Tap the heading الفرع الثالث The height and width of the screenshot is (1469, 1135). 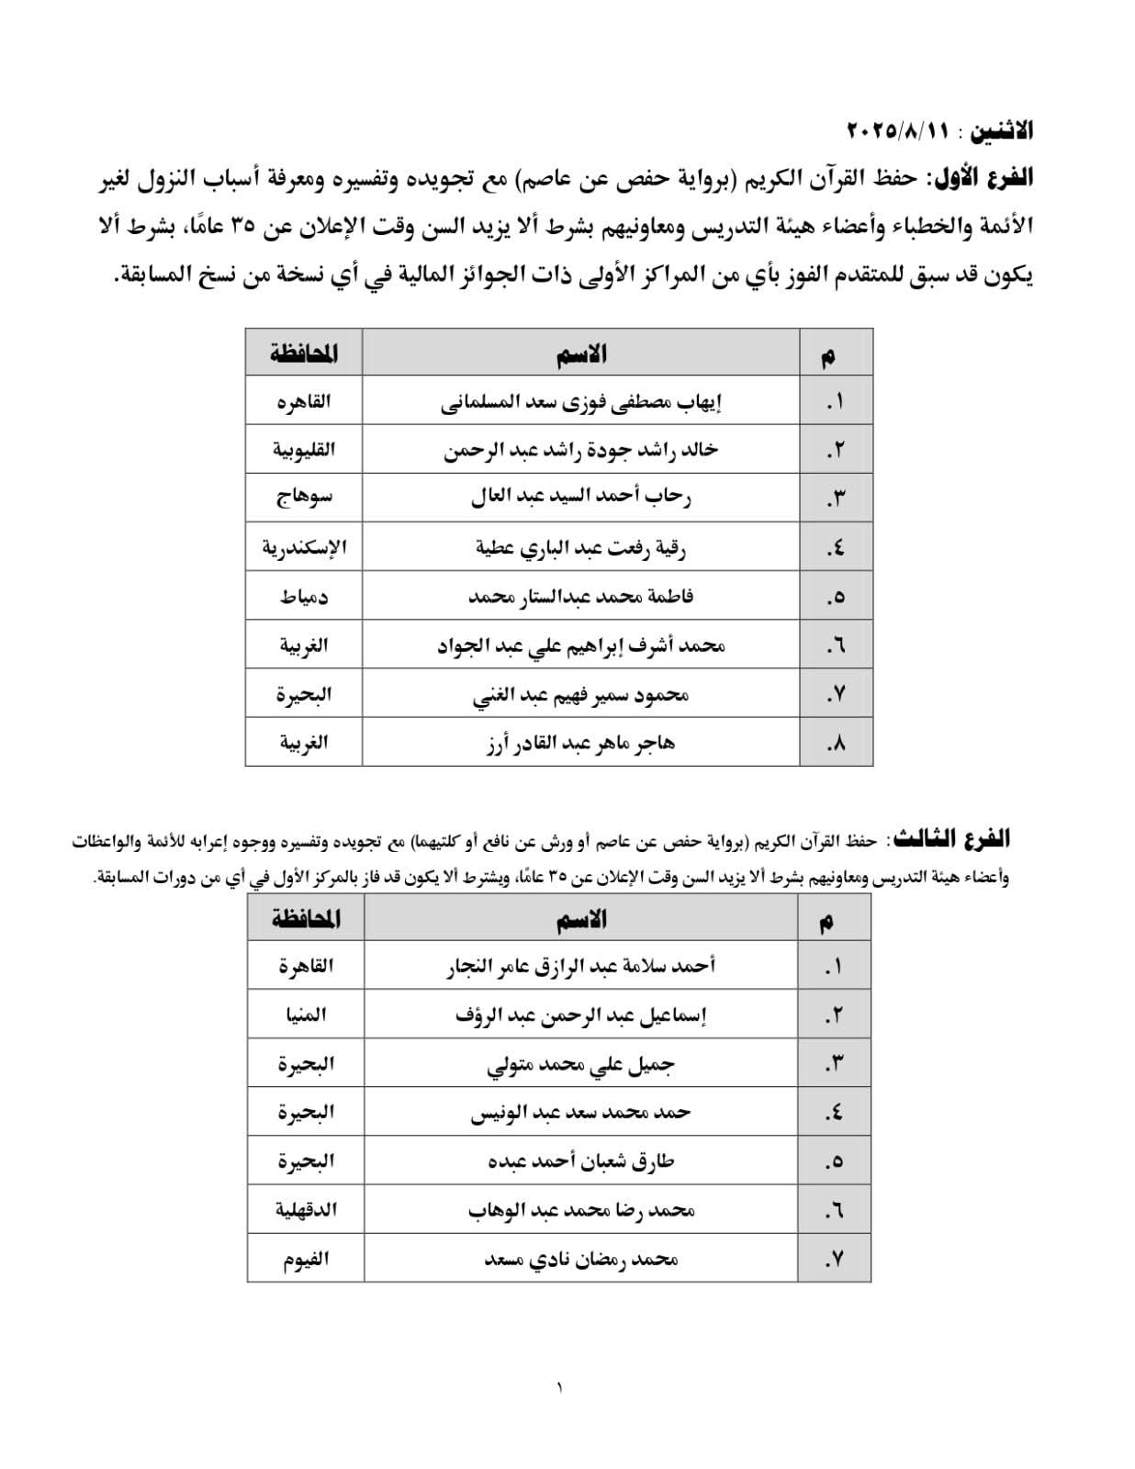tap(952, 838)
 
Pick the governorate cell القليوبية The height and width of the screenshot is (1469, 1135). tap(304, 450)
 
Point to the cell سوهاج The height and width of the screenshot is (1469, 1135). tap(304, 499)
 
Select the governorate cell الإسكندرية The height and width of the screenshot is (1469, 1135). tap(304, 548)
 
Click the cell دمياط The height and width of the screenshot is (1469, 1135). tap(304, 597)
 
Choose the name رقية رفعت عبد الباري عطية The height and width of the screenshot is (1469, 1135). tap(580, 548)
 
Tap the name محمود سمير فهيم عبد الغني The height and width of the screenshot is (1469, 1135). tap(580, 695)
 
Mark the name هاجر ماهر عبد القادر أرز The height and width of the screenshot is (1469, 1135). tap(580, 743)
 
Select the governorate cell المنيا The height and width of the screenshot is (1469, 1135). tap(306, 1015)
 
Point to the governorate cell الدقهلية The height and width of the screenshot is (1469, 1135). tap(306, 1209)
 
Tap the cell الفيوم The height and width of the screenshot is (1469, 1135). tap(306, 1259)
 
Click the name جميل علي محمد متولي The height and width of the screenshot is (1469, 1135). tap(580, 1064)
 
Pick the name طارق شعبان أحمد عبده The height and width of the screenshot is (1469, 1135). tap(580, 1161)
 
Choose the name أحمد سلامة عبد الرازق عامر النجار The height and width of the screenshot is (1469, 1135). tap(580, 966)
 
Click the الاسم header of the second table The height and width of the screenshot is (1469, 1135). tap(581, 919)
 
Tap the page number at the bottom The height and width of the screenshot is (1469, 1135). tap(559, 1387)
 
